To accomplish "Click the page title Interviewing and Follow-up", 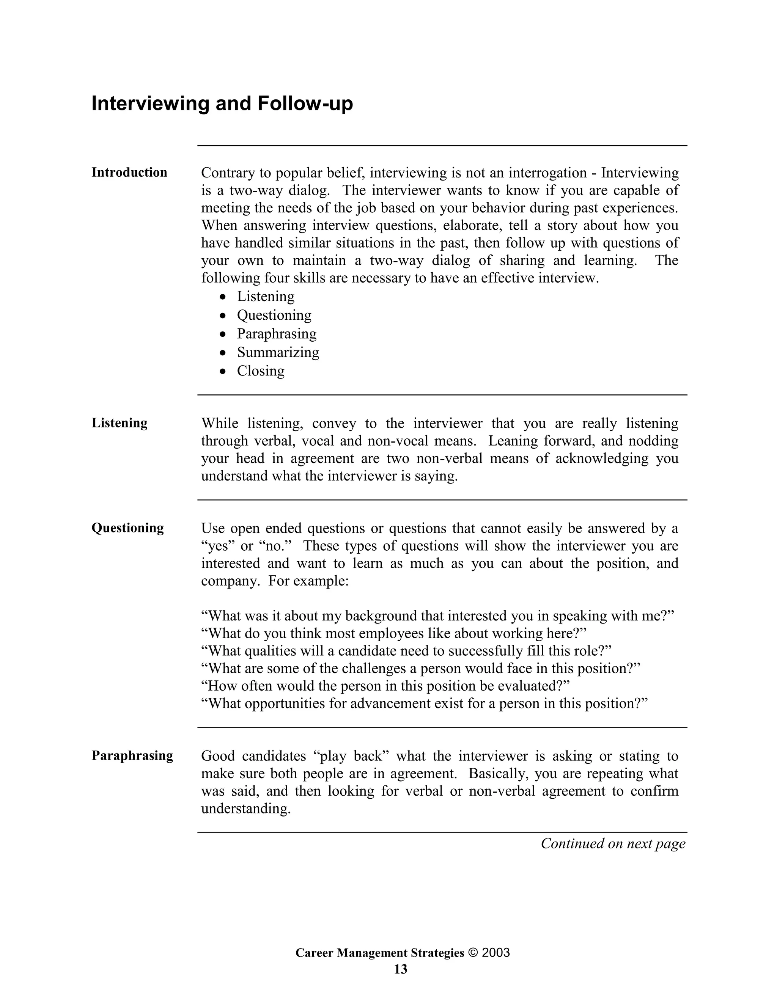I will coord(222,103).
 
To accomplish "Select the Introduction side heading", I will coord(129,173).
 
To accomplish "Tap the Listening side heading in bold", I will coord(120,423).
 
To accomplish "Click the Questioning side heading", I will coord(127,528).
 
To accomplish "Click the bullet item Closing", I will coord(261,371).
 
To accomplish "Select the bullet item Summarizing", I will coord(278,352).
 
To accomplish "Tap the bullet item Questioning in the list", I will coord(274,315).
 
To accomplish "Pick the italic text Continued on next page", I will coord(613,844).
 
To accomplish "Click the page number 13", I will coord(401,970).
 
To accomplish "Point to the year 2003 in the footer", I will coord(496,953).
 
